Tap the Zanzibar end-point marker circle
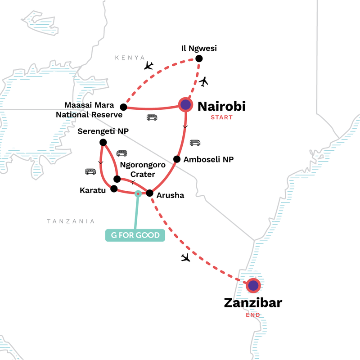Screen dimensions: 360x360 pyautogui.click(x=253, y=285)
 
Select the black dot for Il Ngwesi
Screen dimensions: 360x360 pyautogui.click(x=199, y=58)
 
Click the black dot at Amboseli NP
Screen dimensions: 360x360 pyautogui.click(x=177, y=159)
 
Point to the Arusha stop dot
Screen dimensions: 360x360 pyautogui.click(x=150, y=193)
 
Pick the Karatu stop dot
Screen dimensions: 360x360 pyautogui.click(x=114, y=189)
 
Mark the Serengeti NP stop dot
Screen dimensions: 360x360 pyautogui.click(x=103, y=142)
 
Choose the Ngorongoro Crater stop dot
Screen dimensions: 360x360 pyautogui.click(x=117, y=179)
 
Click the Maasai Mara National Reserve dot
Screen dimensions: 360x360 pyautogui.click(x=123, y=107)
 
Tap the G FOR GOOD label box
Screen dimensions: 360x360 pyautogui.click(x=135, y=235)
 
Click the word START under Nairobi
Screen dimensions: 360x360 pyautogui.click(x=221, y=118)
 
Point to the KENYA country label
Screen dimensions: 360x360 pyautogui.click(x=130, y=58)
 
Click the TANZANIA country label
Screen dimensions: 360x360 pyautogui.click(x=71, y=221)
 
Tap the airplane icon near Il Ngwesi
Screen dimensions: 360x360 pyautogui.click(x=204, y=81)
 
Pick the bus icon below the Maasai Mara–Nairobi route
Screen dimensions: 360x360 pyautogui.click(x=152, y=117)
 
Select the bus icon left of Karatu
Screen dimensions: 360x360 pyautogui.click(x=90, y=171)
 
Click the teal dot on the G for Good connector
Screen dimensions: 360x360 pyautogui.click(x=138, y=194)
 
